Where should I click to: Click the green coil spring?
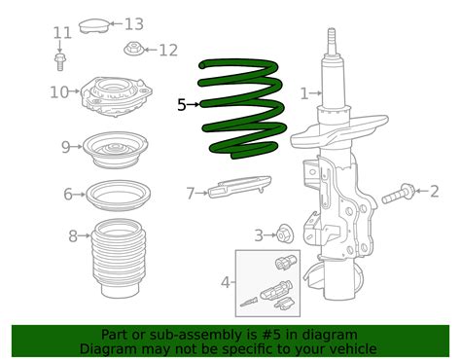[x=243, y=107]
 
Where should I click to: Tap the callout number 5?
[x=182, y=104]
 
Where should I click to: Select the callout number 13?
[x=133, y=23]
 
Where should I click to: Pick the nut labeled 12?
[x=133, y=49]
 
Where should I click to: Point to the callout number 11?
[x=62, y=33]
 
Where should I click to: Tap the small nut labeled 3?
[x=285, y=234]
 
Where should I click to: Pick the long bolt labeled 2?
[x=399, y=196]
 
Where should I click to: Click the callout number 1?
[x=303, y=93]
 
